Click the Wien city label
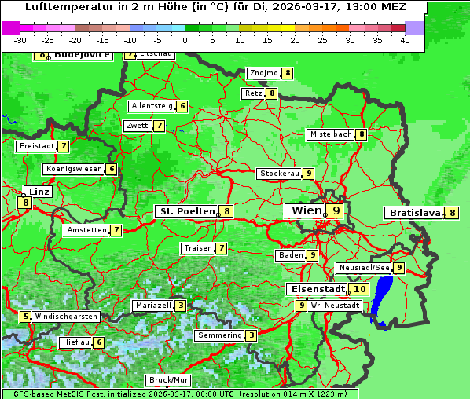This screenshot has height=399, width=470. click(306, 210)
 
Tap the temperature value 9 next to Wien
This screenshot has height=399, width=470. click(336, 210)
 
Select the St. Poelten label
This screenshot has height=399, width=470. click(187, 211)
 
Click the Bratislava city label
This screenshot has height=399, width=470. click(413, 213)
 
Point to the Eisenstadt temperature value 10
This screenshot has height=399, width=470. click(358, 289)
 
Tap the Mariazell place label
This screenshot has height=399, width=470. click(153, 305)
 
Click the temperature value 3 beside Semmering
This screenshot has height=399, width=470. click(251, 335)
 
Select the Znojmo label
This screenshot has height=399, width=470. click(263, 73)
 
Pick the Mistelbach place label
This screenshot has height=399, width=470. click(330, 134)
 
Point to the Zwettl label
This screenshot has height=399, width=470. click(138, 126)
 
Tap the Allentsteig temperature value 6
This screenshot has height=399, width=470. click(182, 106)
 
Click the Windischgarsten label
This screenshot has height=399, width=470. click(67, 317)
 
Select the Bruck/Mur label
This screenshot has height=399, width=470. click(169, 380)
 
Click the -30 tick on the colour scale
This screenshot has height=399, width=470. click(20, 40)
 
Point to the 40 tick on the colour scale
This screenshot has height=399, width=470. click(405, 40)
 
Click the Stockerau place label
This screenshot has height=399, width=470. click(279, 174)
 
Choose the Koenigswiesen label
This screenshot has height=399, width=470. click(73, 169)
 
